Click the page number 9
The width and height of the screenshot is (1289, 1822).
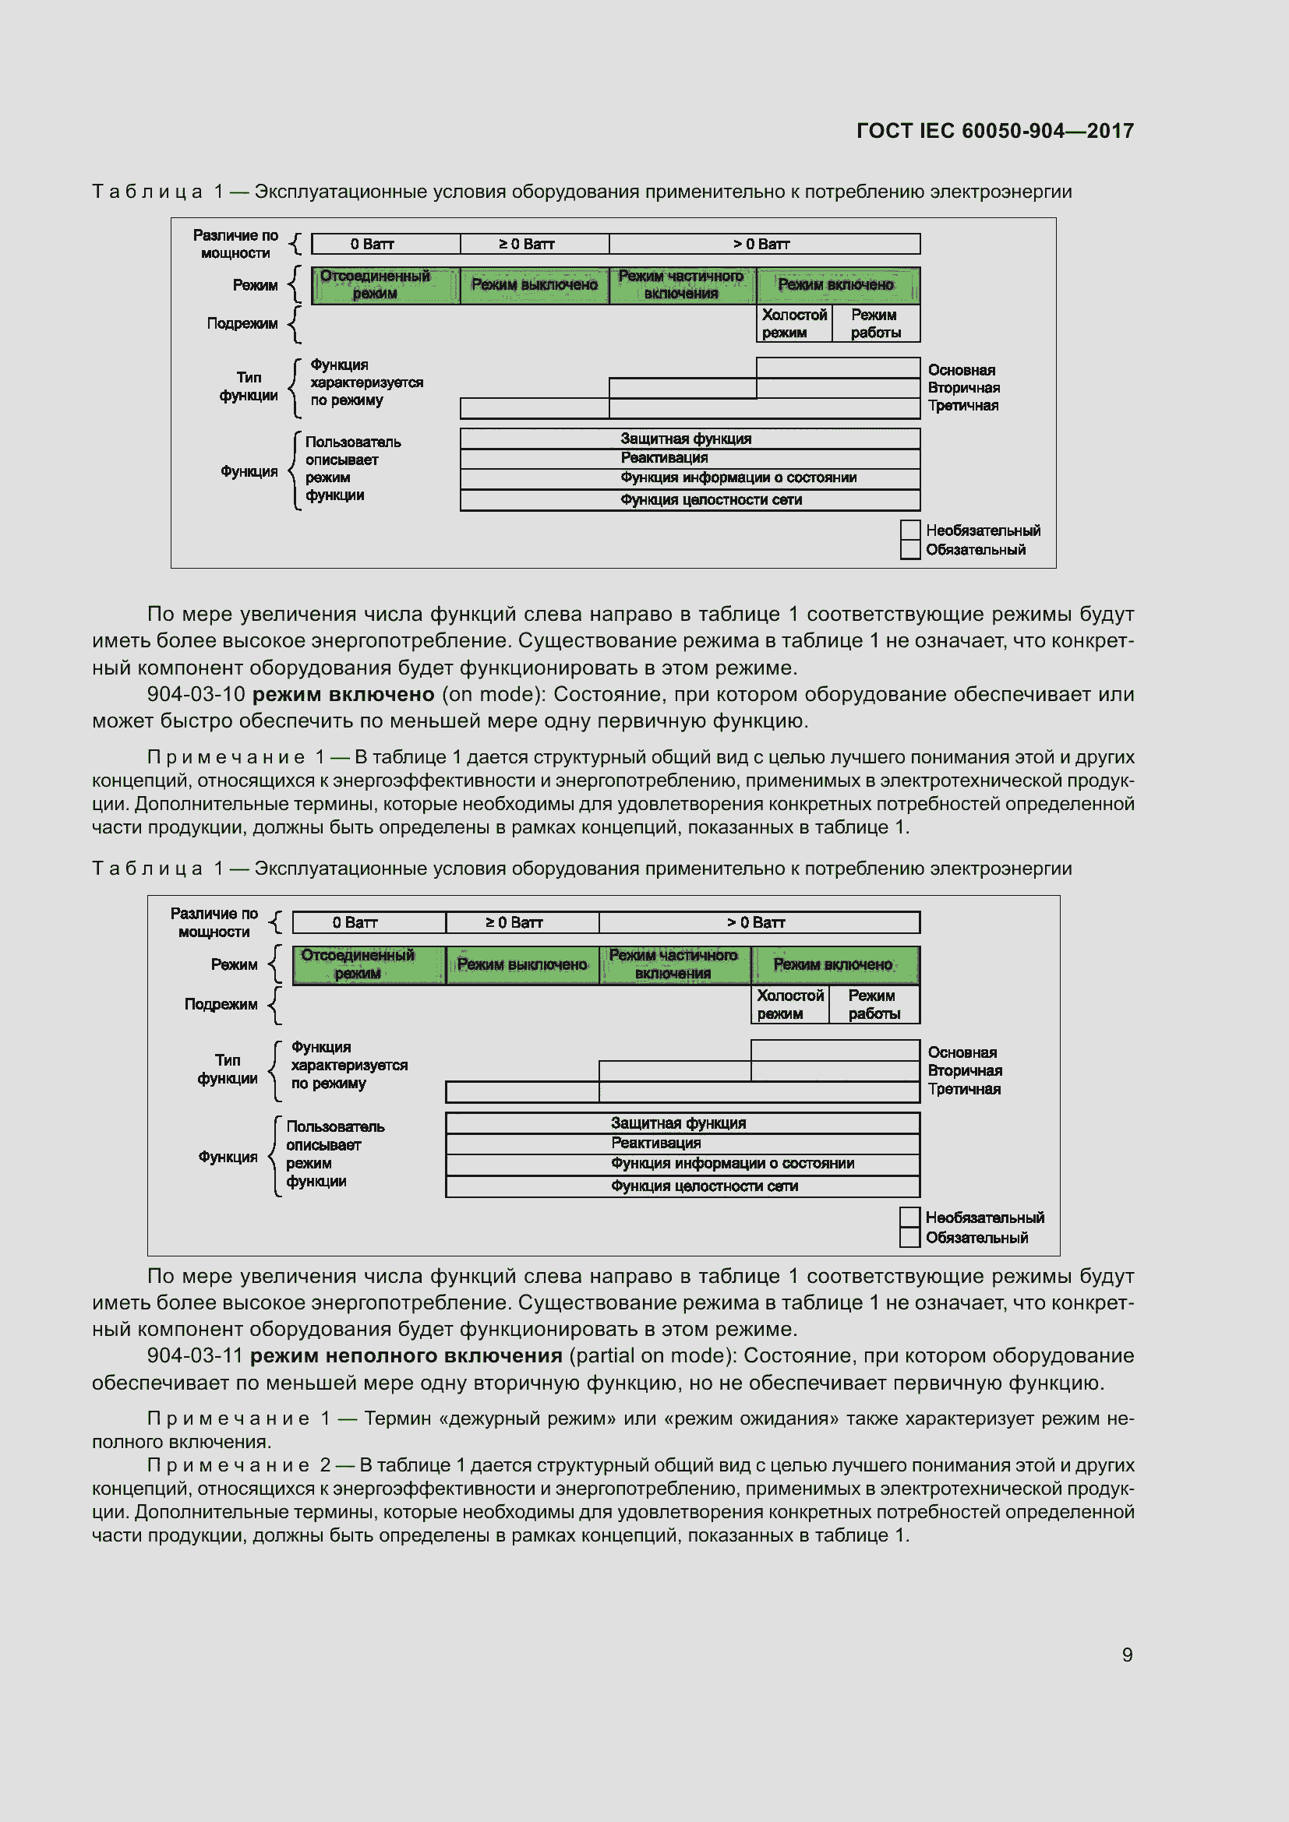tap(1126, 1655)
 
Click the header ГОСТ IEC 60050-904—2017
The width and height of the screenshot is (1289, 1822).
tap(994, 131)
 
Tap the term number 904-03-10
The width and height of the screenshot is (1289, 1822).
tap(196, 694)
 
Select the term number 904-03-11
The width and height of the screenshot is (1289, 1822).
tap(195, 1355)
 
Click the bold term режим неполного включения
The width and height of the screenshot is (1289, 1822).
tap(405, 1355)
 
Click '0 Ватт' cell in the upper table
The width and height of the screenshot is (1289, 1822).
tap(372, 245)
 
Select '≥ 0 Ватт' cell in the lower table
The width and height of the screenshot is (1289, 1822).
tap(514, 923)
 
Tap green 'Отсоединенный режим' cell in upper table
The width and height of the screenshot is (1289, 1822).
tap(375, 285)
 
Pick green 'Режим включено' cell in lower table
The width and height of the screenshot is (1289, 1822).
tap(832, 965)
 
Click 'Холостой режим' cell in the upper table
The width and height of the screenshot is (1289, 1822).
tap(793, 324)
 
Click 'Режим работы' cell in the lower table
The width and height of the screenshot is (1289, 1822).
tap(873, 1005)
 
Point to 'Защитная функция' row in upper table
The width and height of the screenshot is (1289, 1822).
tap(687, 439)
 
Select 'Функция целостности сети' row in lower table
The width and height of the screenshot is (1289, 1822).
tap(704, 1186)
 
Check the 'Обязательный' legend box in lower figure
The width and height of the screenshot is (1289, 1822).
tap(909, 1238)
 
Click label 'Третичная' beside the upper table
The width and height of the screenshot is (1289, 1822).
tap(962, 407)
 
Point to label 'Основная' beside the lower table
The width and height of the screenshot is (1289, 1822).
tap(962, 1053)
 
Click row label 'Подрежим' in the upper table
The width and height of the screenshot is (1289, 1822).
tap(242, 324)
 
